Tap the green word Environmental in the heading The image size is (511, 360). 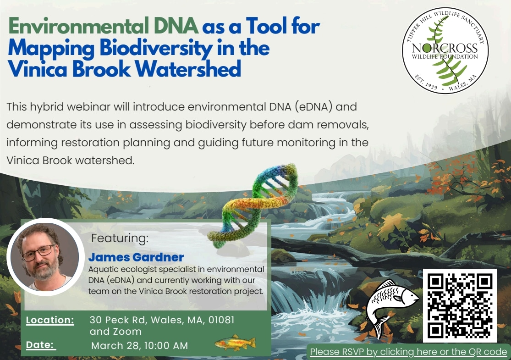(x=78, y=26)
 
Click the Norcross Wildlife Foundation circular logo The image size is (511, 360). (x=445, y=50)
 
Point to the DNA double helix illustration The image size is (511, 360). (x=253, y=205)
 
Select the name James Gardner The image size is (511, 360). (x=136, y=257)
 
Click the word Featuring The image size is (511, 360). (x=120, y=238)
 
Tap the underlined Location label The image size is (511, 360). (x=50, y=320)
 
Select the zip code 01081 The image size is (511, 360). (x=221, y=320)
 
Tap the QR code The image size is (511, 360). (x=460, y=305)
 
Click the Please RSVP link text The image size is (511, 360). (x=408, y=352)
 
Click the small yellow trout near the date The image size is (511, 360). (x=235, y=343)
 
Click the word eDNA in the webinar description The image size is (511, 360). (x=313, y=107)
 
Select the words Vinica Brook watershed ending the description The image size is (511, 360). (x=71, y=161)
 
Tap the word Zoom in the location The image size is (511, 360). (x=128, y=331)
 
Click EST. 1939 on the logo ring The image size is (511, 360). (x=426, y=82)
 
